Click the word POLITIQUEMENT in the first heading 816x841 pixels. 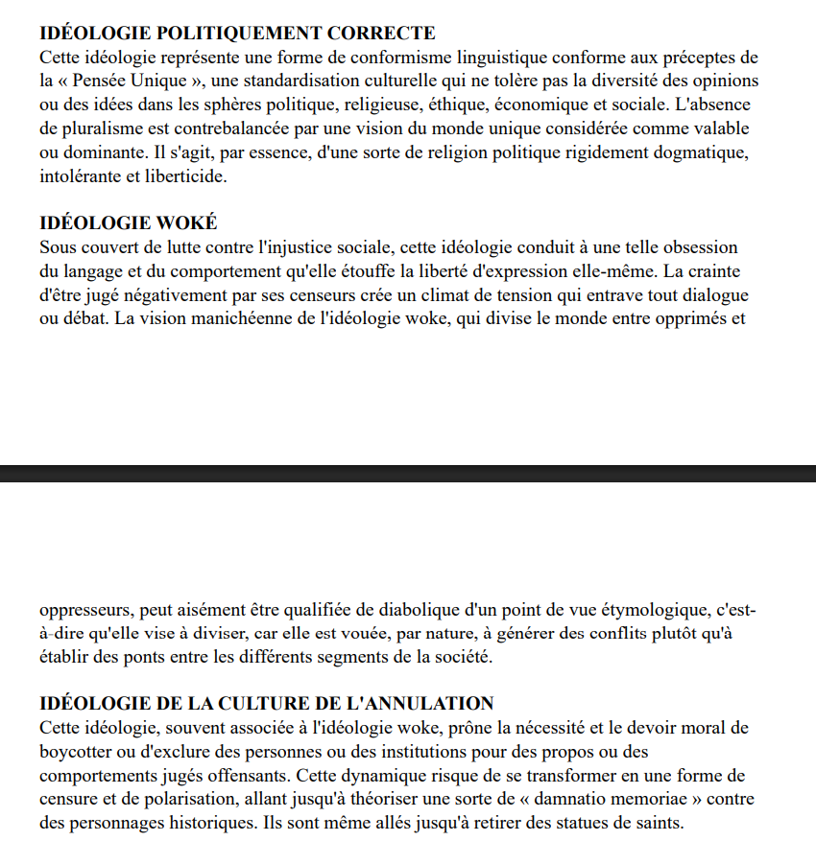tap(206, 34)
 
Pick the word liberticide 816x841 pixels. tap(180, 176)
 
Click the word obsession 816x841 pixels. tap(703, 247)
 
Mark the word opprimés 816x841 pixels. tap(690, 318)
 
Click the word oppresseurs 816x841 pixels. tap(83, 609)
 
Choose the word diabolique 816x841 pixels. tap(402, 609)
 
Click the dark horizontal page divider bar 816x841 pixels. tap(408, 473)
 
